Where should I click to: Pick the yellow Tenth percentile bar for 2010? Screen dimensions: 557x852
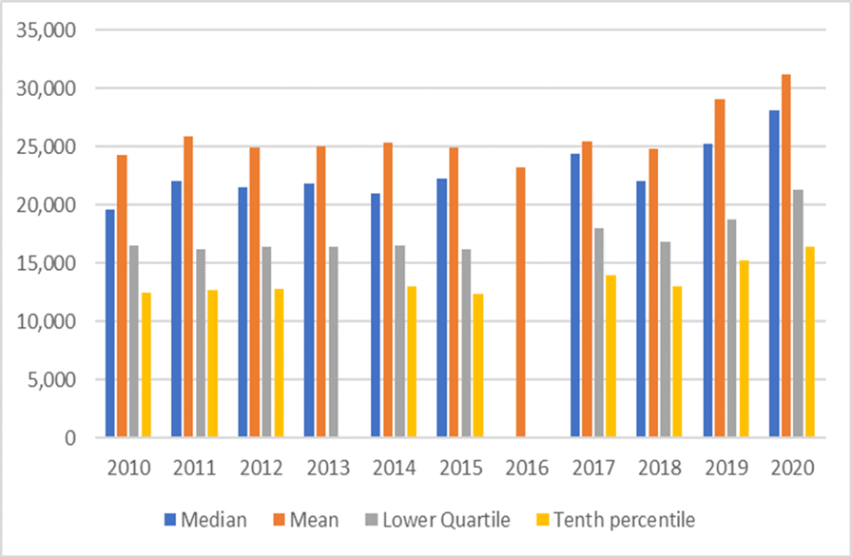145,365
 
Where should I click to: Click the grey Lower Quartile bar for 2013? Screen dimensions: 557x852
333,342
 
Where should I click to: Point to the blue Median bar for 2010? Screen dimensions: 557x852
110,323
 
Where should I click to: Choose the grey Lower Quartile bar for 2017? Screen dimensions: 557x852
598,333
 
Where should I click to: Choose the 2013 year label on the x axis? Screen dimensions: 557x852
326,469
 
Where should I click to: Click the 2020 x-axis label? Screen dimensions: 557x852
791,469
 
